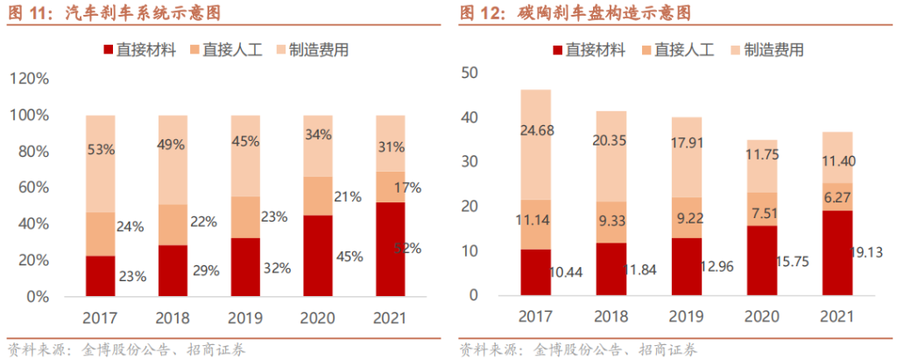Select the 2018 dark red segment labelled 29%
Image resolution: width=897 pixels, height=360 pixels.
(173, 270)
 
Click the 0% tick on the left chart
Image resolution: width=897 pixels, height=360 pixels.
(38, 296)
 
